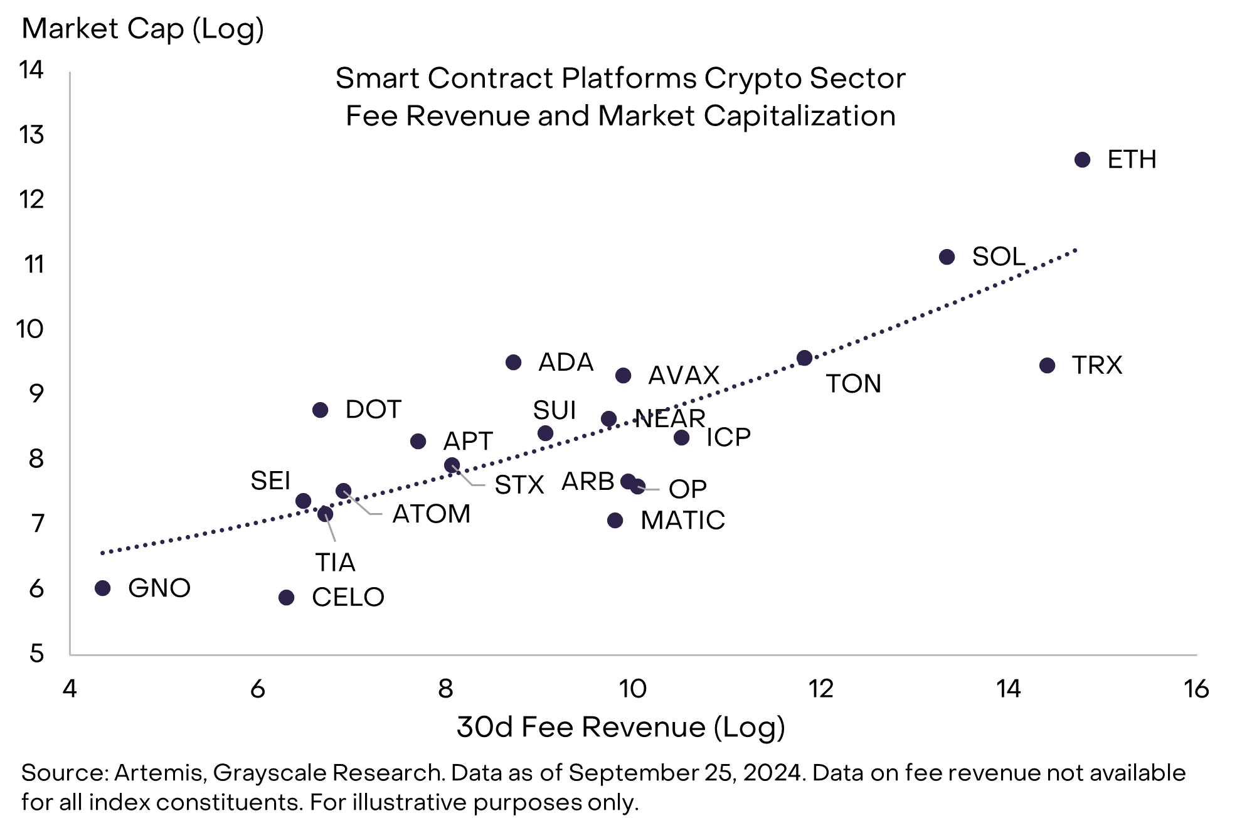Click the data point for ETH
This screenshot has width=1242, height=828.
click(x=1082, y=160)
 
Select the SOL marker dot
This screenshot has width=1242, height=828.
click(x=947, y=257)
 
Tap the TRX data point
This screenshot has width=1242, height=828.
click(x=1047, y=365)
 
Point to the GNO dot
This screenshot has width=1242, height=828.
click(x=103, y=588)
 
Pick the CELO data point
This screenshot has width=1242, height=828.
click(x=286, y=597)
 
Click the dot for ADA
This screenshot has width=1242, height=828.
click(x=513, y=362)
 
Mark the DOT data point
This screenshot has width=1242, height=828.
click(x=320, y=410)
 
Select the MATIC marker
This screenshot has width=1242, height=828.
click(x=615, y=520)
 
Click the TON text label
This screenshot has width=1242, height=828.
click(x=853, y=384)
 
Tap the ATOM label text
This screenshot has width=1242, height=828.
click(x=431, y=514)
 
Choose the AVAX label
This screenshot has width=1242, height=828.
click(x=683, y=376)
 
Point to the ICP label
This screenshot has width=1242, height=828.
click(x=728, y=437)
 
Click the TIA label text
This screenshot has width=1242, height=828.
click(x=335, y=563)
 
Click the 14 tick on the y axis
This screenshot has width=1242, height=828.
click(x=31, y=70)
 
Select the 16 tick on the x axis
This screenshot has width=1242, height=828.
click(x=1196, y=689)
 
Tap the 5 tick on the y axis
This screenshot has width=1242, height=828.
click(x=36, y=654)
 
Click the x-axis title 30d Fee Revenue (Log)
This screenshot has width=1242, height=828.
click(x=620, y=727)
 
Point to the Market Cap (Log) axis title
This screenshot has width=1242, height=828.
click(x=143, y=29)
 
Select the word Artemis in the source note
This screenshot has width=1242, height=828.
click(x=159, y=773)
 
